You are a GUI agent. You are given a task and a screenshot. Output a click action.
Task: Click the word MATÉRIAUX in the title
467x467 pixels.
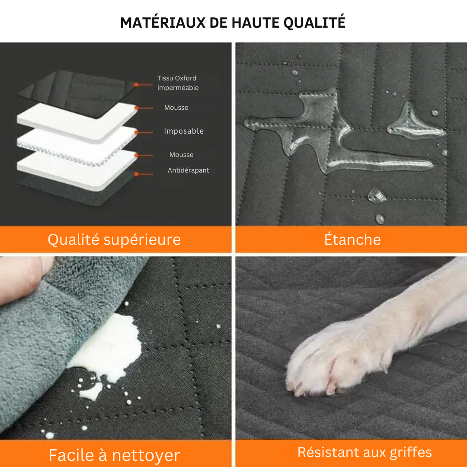(163, 22)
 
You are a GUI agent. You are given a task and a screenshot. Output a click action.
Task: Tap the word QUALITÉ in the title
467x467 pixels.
(314, 22)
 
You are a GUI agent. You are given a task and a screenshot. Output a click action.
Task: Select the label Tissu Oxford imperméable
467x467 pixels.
(178, 83)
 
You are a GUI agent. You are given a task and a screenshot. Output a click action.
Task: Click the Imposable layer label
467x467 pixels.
(184, 131)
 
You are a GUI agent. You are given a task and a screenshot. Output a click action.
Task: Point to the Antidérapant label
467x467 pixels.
(188, 170)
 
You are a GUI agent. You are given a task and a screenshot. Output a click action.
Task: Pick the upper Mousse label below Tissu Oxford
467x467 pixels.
(176, 108)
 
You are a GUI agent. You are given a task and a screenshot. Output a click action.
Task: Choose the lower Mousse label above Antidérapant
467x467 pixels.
(181, 154)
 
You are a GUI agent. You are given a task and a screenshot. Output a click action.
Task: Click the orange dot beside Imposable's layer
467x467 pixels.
(136, 132)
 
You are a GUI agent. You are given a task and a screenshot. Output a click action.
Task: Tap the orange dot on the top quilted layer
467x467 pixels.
(136, 85)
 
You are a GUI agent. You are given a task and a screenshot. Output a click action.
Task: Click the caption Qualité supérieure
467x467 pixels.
(114, 240)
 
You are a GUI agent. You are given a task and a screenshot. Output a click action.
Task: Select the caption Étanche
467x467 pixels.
(352, 240)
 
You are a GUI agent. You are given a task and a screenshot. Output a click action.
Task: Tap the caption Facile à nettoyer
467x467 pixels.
(114, 455)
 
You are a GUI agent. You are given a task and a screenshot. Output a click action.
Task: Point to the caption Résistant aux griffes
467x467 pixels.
(365, 452)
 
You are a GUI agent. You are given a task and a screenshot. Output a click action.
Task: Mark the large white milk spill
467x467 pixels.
(110, 349)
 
